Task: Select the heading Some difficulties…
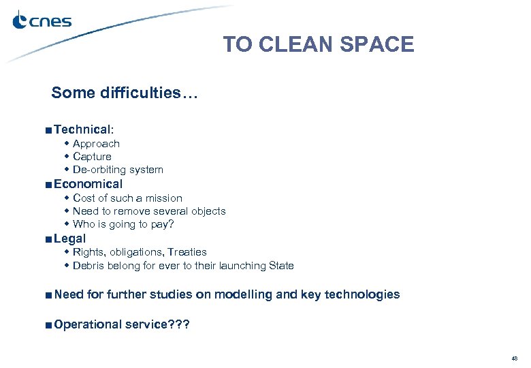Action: coord(124,93)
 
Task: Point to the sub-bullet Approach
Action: coord(96,144)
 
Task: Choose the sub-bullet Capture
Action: coord(92,157)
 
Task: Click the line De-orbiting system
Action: coord(118,170)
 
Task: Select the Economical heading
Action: coord(88,184)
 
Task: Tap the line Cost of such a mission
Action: coord(127,198)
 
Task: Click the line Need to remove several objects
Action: coord(149,211)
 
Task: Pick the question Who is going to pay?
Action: coord(123,224)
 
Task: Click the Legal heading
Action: coord(69,239)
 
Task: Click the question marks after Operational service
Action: coord(180,324)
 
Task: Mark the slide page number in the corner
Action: coord(514,358)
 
